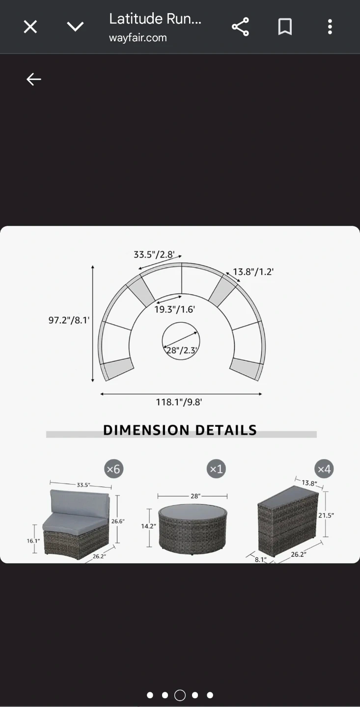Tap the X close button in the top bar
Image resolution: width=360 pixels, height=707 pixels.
(30, 27)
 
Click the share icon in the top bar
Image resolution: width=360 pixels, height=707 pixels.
(240, 27)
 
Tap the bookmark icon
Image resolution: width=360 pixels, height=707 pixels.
(285, 27)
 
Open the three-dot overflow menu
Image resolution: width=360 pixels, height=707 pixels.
(330, 27)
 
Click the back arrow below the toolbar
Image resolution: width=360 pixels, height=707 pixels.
(34, 79)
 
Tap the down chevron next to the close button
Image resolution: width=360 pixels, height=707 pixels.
(75, 27)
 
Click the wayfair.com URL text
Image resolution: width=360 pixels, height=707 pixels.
(138, 38)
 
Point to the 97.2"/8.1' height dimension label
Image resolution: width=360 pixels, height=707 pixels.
(69, 320)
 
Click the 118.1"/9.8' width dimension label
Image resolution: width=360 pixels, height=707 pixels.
(179, 402)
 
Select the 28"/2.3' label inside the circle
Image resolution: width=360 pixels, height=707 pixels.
(182, 351)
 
